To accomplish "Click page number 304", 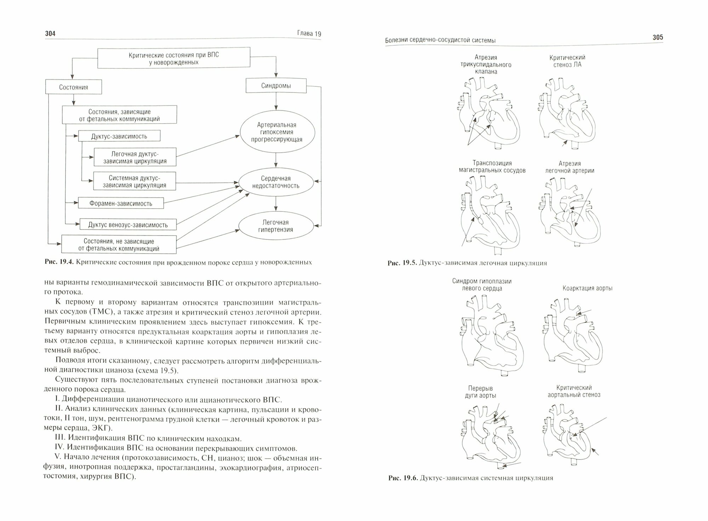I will tap(51, 33).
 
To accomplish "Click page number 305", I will tap(658, 37).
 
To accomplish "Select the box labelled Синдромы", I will tap(276, 86).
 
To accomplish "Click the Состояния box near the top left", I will tap(74, 87).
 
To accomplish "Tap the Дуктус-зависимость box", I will tap(119, 136).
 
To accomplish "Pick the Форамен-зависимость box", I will tap(121, 203).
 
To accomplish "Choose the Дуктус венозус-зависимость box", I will tap(128, 225).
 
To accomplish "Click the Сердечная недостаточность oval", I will tap(276, 182).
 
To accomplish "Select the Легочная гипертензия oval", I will tap(276, 226).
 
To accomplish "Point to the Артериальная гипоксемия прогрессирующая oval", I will tap(277, 132).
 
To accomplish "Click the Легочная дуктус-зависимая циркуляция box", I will tap(135, 157).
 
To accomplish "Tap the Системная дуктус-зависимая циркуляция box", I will tap(135, 181).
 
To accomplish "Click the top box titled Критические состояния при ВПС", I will tap(173, 58).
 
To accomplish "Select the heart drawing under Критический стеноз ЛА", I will tap(566, 113).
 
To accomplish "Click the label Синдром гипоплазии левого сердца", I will tap(481, 284).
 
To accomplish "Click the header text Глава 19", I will tap(308, 34).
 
